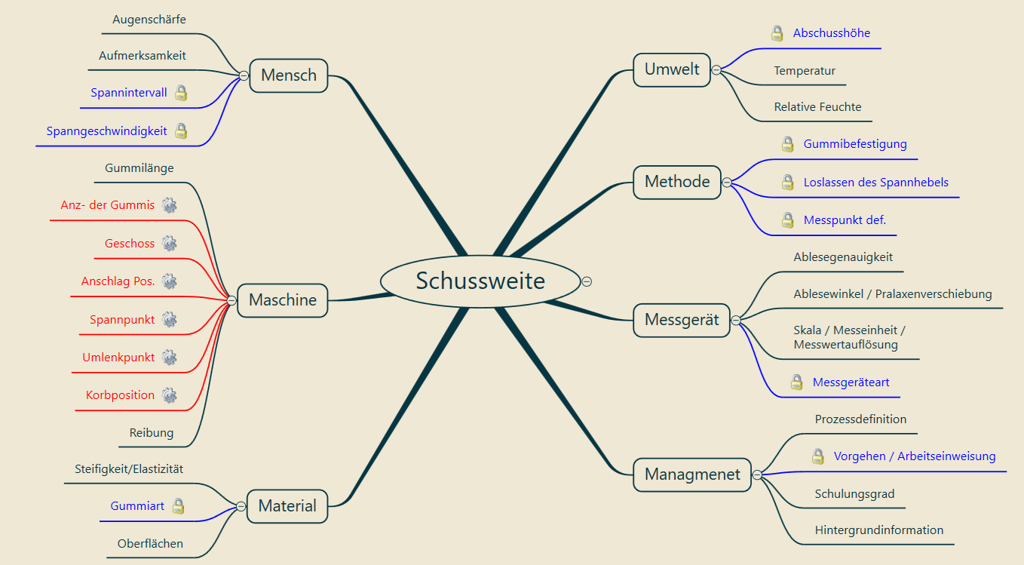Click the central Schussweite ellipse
tap(480, 281)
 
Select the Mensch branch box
tap(288, 75)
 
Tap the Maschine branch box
tap(283, 300)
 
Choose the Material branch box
tap(287, 505)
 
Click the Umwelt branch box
tap(672, 70)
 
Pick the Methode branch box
tap(677, 182)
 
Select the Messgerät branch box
tap(682, 320)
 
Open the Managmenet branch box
tap(692, 475)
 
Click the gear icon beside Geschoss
tap(170, 243)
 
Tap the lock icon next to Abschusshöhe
tap(777, 33)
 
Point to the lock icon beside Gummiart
tap(178, 506)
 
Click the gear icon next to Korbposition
tap(170, 395)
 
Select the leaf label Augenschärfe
tap(149, 20)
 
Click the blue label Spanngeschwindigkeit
tap(106, 131)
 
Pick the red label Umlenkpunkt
tap(118, 358)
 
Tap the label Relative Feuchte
tap(817, 107)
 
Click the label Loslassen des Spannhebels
tap(875, 183)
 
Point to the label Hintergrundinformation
tap(878, 530)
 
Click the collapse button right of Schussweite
tap(587, 281)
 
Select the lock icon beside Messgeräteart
tap(796, 382)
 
